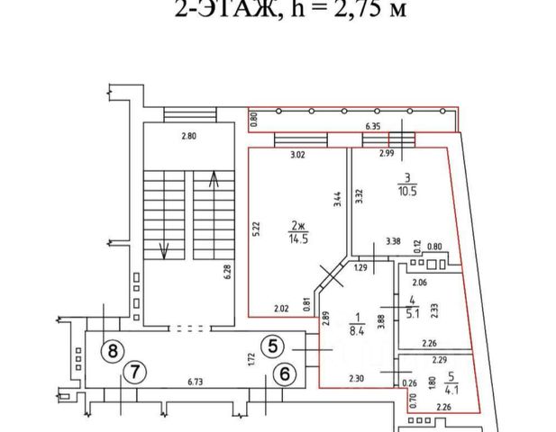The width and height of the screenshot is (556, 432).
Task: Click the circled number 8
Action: click(x=112, y=350)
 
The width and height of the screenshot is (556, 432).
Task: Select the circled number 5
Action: click(x=274, y=344)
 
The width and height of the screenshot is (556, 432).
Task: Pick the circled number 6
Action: click(x=284, y=372)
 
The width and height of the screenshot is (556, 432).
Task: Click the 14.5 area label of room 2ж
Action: click(x=298, y=238)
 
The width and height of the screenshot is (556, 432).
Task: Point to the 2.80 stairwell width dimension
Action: click(x=187, y=136)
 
